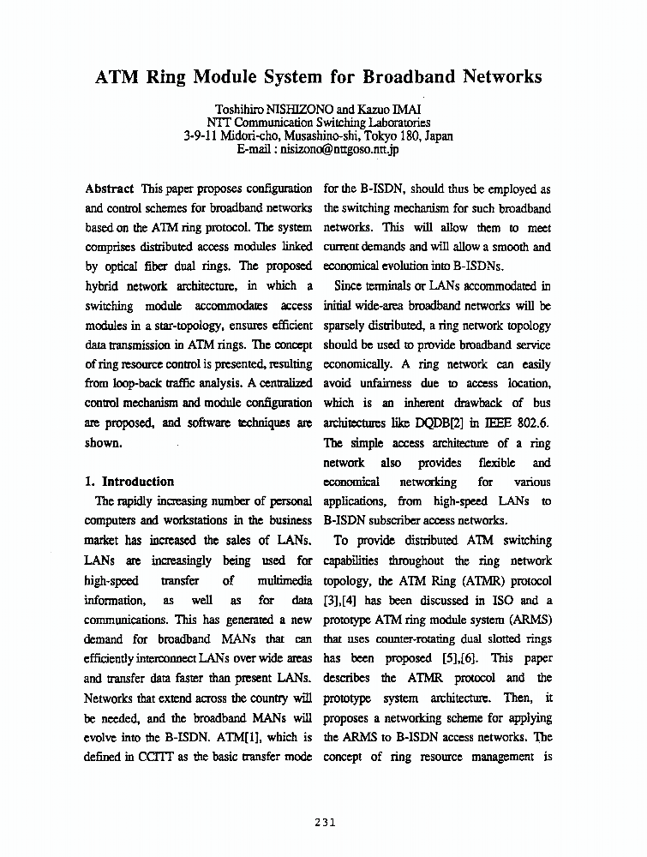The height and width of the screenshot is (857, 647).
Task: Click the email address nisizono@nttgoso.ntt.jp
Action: click(340, 148)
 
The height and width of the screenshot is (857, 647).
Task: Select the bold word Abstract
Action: click(110, 189)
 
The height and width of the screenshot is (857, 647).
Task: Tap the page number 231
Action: click(324, 823)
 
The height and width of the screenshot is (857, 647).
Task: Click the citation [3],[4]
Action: click(346, 600)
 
